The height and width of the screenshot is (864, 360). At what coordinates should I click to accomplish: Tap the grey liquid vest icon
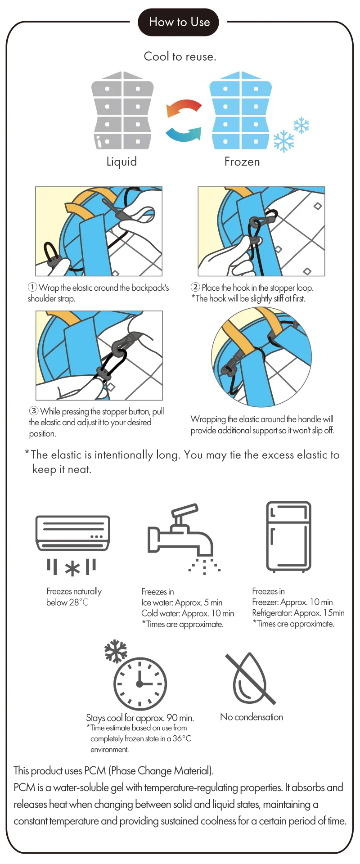pyautogui.click(x=122, y=110)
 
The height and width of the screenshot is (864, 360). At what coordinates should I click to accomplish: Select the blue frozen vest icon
pyautogui.click(x=241, y=110)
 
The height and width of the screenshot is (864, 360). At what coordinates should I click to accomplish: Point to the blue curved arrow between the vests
pyautogui.click(x=183, y=134)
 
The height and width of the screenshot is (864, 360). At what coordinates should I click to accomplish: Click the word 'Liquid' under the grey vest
pyautogui.click(x=121, y=162)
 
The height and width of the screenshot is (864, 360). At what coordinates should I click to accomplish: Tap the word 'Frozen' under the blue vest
pyautogui.click(x=242, y=162)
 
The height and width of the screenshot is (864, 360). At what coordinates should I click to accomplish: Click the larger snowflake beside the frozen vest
pyautogui.click(x=284, y=141)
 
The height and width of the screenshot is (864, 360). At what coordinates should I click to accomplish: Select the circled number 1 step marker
pyautogui.click(x=32, y=287)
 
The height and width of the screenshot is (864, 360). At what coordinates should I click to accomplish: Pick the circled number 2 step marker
pyautogui.click(x=195, y=287)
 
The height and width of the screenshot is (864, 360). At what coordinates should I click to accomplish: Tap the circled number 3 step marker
pyautogui.click(x=34, y=411)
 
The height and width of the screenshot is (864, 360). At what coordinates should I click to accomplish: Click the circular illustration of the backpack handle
pyautogui.click(x=261, y=357)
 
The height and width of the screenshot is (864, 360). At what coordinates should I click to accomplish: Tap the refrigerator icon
pyautogui.click(x=288, y=537)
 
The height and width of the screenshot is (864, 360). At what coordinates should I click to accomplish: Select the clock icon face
pyautogui.click(x=140, y=684)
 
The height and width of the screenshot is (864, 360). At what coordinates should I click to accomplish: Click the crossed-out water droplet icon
pyautogui.click(x=250, y=679)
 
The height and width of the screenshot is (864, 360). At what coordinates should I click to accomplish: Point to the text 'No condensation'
pyautogui.click(x=252, y=717)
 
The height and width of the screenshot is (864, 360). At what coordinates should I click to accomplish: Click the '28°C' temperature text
pyautogui.click(x=79, y=602)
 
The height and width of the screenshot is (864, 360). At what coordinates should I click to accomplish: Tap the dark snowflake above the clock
pyautogui.click(x=116, y=651)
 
